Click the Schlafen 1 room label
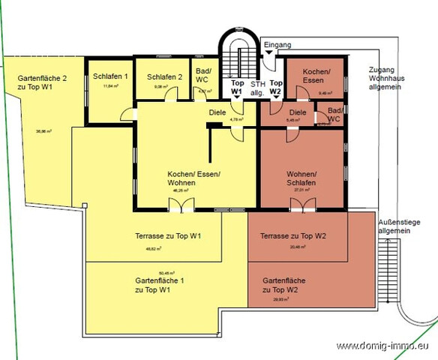[x=110, y=76]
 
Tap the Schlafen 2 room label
[x=164, y=76]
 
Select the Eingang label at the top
[x=278, y=46]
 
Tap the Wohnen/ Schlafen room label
[x=300, y=178]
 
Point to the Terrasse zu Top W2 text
[x=294, y=235]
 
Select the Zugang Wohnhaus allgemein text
[x=385, y=79]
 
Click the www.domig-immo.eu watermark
[x=385, y=346]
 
